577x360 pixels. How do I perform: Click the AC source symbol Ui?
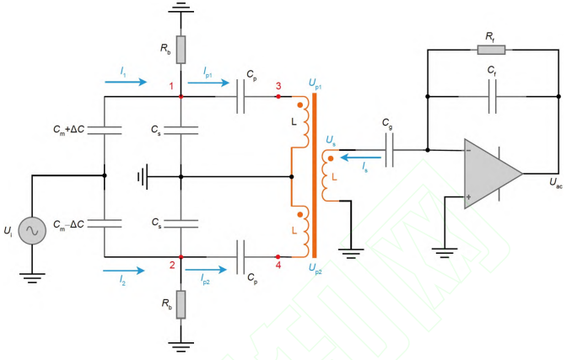pos(32,230)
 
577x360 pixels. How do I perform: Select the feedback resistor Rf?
pos(491,50)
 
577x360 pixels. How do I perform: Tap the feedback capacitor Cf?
pos(492,96)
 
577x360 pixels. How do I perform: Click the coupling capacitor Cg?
pos(390,150)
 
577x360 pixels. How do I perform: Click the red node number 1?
pos(171,86)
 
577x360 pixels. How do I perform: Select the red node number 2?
pos(172,265)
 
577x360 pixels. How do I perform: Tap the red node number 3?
pos(278,86)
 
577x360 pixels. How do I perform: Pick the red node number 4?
pos(278,265)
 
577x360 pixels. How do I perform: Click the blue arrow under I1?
pos(126,82)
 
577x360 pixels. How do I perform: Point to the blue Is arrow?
pos(361,158)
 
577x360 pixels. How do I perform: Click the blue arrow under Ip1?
pos(208,83)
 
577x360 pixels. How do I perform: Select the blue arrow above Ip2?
pos(206,270)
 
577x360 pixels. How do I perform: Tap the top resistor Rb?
pos(181,50)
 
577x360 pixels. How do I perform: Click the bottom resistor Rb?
pos(181,304)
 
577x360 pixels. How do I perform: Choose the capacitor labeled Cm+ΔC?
pos(105,130)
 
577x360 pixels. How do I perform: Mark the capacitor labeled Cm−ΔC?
pos(105,223)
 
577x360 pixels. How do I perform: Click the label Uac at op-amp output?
pos(556,183)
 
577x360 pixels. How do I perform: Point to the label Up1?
pos(315,84)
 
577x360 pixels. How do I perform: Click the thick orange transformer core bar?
pos(315,175)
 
